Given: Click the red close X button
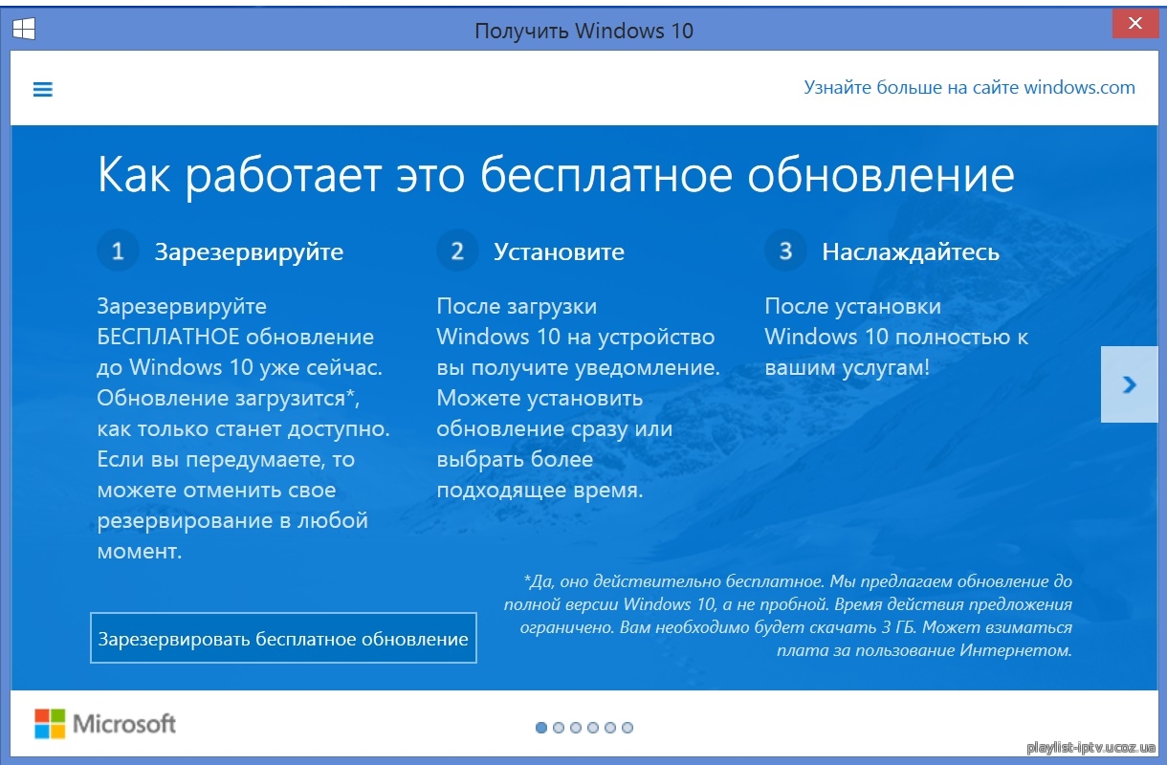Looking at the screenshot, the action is tap(1135, 24).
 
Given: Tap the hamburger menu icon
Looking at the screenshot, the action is tap(43, 89).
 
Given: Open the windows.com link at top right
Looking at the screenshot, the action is tap(969, 87).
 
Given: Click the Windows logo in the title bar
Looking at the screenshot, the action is tap(24, 28).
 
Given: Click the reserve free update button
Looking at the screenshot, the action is tap(283, 638).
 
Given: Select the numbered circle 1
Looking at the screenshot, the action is tap(118, 251).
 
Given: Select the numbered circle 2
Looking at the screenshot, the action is tap(457, 251).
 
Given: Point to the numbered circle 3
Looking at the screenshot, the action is tap(785, 251).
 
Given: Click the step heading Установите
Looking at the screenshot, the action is tap(559, 252).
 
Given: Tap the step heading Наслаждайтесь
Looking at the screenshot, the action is tap(911, 252).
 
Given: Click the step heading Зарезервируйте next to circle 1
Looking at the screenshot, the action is tap(249, 252).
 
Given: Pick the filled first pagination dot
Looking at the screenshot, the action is tap(541, 728).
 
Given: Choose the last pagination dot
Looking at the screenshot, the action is tap(628, 728).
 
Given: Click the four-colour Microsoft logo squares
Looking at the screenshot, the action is tap(50, 723).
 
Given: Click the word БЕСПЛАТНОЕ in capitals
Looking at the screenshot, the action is tap(167, 337).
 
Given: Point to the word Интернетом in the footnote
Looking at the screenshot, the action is tap(1017, 650).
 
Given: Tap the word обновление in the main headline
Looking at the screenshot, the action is tap(881, 176).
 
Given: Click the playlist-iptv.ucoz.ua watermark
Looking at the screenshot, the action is tap(1090, 747).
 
